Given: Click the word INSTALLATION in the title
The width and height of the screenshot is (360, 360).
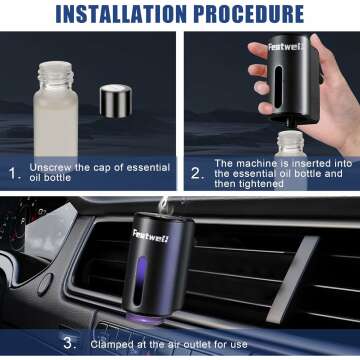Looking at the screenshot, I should tap(117, 14).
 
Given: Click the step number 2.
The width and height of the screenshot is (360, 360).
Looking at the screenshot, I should tap(197, 172).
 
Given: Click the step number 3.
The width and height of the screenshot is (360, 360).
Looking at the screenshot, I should tap(68, 343).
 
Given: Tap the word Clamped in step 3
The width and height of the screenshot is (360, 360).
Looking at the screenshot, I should tap(111, 343).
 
